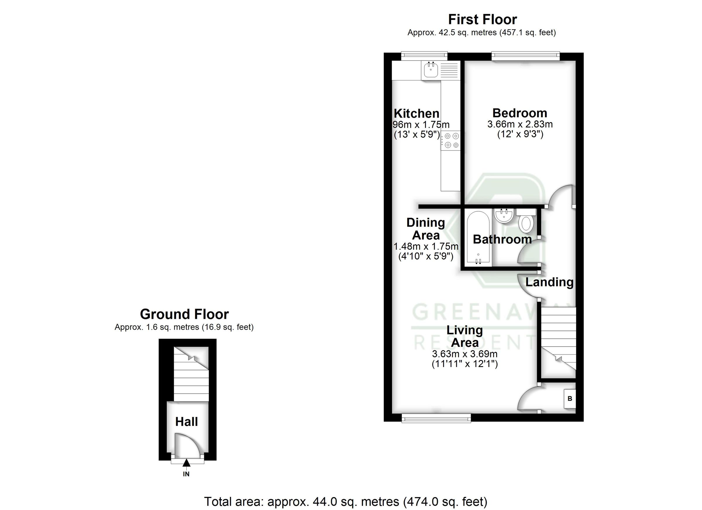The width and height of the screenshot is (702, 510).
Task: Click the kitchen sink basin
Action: click(430, 70)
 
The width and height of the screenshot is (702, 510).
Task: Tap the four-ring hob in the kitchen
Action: click(451, 140)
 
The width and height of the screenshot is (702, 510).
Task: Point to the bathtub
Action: click(478, 238)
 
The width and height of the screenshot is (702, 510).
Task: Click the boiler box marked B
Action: click(569, 399)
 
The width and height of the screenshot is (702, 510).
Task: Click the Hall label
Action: click(186, 422)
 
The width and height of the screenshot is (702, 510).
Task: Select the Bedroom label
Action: click(520, 113)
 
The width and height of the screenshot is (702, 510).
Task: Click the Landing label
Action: click(549, 282)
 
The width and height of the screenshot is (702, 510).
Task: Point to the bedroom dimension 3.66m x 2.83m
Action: click(520, 124)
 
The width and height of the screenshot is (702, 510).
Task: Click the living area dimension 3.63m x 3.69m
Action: click(464, 354)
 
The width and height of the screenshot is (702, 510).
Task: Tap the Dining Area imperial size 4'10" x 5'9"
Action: click(426, 256)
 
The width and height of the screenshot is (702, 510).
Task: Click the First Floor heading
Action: click(482, 20)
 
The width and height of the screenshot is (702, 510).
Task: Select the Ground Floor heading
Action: click(184, 314)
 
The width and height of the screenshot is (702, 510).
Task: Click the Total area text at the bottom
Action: click(345, 501)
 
